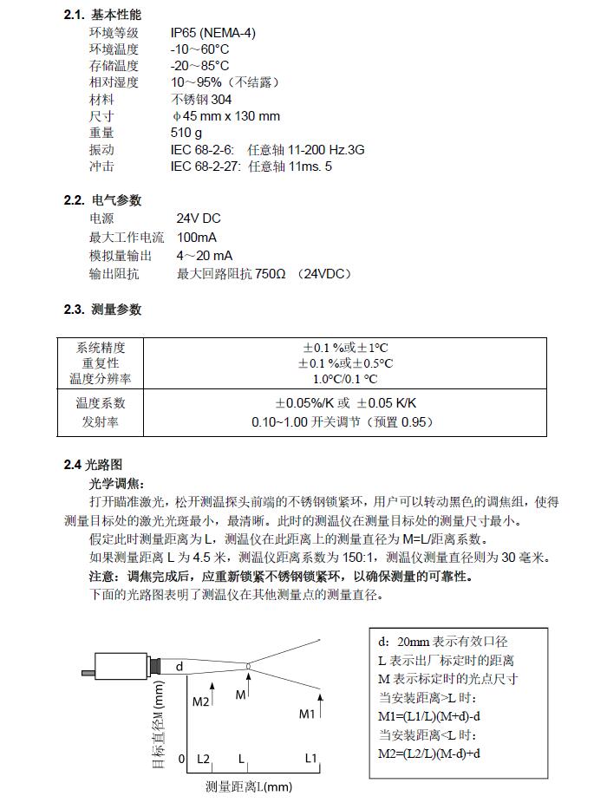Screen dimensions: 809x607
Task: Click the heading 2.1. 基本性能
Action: [102, 15]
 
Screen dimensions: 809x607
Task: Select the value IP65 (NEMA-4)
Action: [212, 33]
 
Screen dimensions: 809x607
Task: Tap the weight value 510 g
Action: [186, 133]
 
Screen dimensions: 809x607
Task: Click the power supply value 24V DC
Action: [198, 219]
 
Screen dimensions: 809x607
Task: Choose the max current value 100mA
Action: [197, 237]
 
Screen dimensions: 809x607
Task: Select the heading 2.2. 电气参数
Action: [102, 200]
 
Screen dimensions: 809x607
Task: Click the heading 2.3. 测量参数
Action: [102, 310]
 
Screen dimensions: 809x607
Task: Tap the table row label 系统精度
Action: [101, 348]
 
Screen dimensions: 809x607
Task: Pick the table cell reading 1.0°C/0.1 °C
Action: [345, 379]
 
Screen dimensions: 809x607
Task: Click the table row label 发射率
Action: [101, 422]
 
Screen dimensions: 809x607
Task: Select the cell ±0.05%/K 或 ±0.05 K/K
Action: [345, 403]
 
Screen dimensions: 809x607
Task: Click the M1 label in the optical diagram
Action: [306, 714]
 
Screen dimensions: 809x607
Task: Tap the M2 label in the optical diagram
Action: [201, 701]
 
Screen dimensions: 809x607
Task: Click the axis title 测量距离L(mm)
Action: [248, 786]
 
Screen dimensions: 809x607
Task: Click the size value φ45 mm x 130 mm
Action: [225, 116]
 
